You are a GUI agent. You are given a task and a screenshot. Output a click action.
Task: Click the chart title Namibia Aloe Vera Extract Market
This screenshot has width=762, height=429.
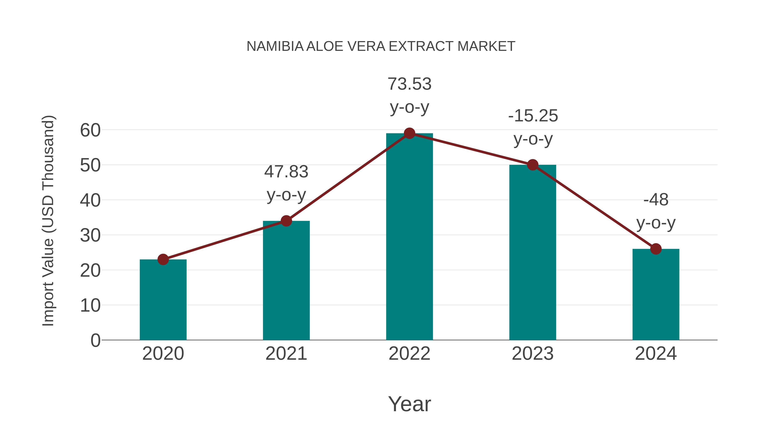381,46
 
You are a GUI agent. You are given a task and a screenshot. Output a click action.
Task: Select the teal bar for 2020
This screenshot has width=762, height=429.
163,300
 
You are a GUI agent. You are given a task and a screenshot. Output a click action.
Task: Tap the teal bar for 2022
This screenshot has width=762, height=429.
409,237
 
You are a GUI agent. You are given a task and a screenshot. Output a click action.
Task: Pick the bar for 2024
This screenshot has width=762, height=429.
656,295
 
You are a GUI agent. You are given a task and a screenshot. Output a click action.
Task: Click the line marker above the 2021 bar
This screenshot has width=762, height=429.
286,221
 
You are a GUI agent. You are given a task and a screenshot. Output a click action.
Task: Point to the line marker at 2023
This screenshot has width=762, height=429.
533,165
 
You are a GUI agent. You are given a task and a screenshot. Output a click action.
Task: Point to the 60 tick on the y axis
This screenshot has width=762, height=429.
90,130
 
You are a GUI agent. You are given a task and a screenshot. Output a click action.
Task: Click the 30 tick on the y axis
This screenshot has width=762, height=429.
90,236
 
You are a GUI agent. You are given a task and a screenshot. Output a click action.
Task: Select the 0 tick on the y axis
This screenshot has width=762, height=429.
95,340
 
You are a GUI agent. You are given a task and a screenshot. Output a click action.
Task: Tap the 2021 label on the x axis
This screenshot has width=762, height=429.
286,354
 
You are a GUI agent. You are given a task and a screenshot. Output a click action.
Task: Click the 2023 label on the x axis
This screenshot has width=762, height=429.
533,354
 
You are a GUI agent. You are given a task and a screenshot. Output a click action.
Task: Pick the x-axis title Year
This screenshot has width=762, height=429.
409,404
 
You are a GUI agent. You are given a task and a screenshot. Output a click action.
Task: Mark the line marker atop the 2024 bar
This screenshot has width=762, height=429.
656,249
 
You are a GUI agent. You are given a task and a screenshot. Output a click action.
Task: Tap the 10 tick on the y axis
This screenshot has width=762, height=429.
90,305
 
